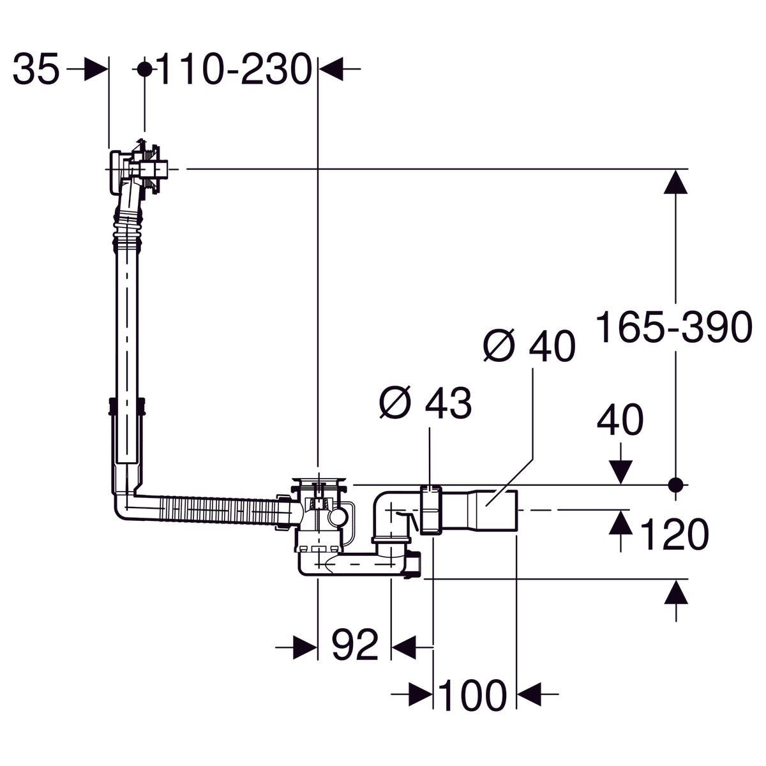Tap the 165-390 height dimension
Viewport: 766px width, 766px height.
pos(674,327)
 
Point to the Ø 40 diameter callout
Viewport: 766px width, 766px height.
pos(529,346)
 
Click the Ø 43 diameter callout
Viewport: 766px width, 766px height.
pos(425,403)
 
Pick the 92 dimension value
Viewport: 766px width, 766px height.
pos(355,646)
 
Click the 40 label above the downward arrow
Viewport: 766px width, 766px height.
pos(620,422)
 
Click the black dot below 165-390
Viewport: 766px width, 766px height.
pos(676,484)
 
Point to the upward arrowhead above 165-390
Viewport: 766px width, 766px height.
pos(676,183)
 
